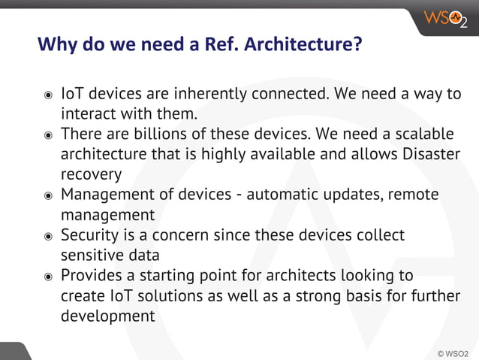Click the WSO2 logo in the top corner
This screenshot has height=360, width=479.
coord(445,17)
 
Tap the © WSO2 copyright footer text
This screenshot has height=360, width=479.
coord(453,352)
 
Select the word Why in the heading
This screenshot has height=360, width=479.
coord(56,44)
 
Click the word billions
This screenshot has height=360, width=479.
coord(157,135)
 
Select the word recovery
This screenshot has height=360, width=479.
coord(91,175)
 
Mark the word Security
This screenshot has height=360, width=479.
coord(90,235)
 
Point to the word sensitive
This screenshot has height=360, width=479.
coord(92,256)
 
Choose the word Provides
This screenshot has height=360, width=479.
coord(92,276)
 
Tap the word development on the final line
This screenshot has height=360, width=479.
coord(107,316)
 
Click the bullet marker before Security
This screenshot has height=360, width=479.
coord(47,236)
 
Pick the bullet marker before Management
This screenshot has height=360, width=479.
coord(47,195)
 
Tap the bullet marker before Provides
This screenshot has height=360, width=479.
coord(47,277)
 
